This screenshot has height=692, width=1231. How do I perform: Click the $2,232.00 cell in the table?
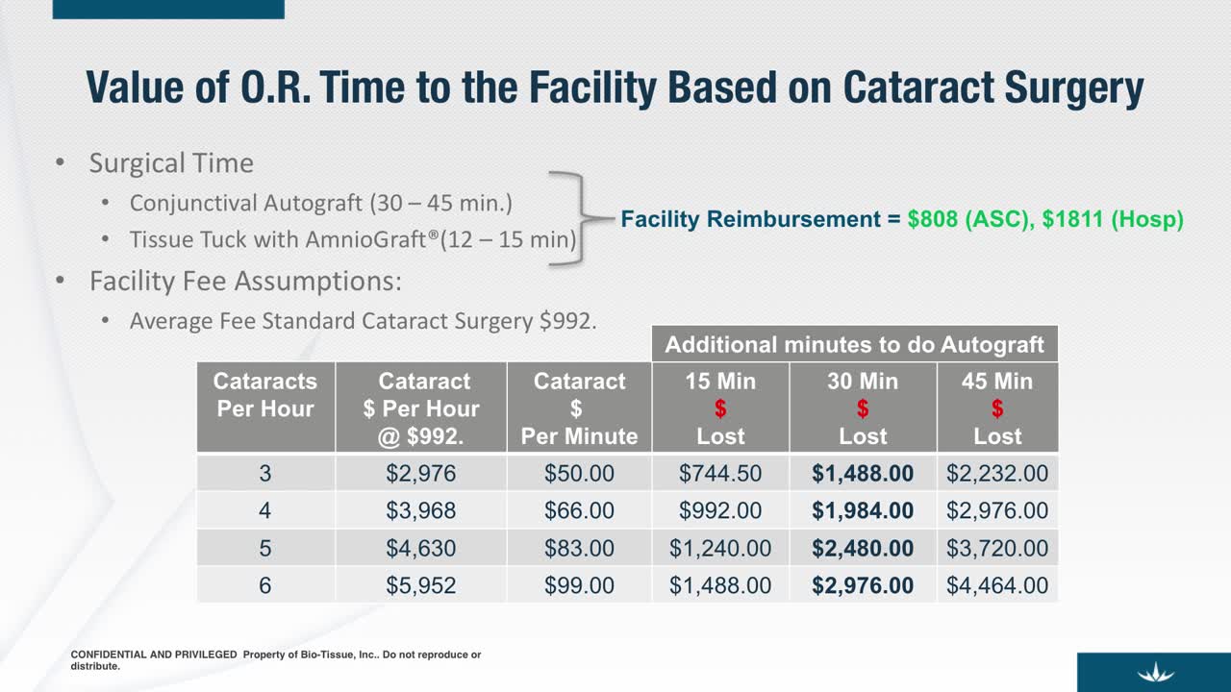pos(997,473)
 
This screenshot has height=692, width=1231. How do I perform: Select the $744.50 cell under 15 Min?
pos(720,473)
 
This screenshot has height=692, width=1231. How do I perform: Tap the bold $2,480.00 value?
pos(863,548)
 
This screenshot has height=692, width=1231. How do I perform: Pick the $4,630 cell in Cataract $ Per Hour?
pos(421,548)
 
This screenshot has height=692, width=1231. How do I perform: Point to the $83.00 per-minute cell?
pos(579,548)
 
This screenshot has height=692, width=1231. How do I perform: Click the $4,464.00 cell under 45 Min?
pos(997,585)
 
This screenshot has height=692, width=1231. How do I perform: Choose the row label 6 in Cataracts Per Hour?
pos(265,585)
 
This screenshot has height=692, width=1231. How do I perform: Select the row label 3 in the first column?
pos(265,473)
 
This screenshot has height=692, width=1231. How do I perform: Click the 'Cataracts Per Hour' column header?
pos(265,395)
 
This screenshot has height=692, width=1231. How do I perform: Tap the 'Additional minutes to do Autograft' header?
pos(855,344)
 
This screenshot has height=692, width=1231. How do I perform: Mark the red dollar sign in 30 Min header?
pos(863,409)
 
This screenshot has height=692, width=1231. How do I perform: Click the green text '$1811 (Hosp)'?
pos(1113,219)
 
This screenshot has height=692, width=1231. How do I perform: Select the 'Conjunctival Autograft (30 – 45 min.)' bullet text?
pos(321,204)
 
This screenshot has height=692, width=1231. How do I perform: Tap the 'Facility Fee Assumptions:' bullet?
pos(245,282)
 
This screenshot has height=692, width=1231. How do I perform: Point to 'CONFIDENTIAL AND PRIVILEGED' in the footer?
pos(154,655)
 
